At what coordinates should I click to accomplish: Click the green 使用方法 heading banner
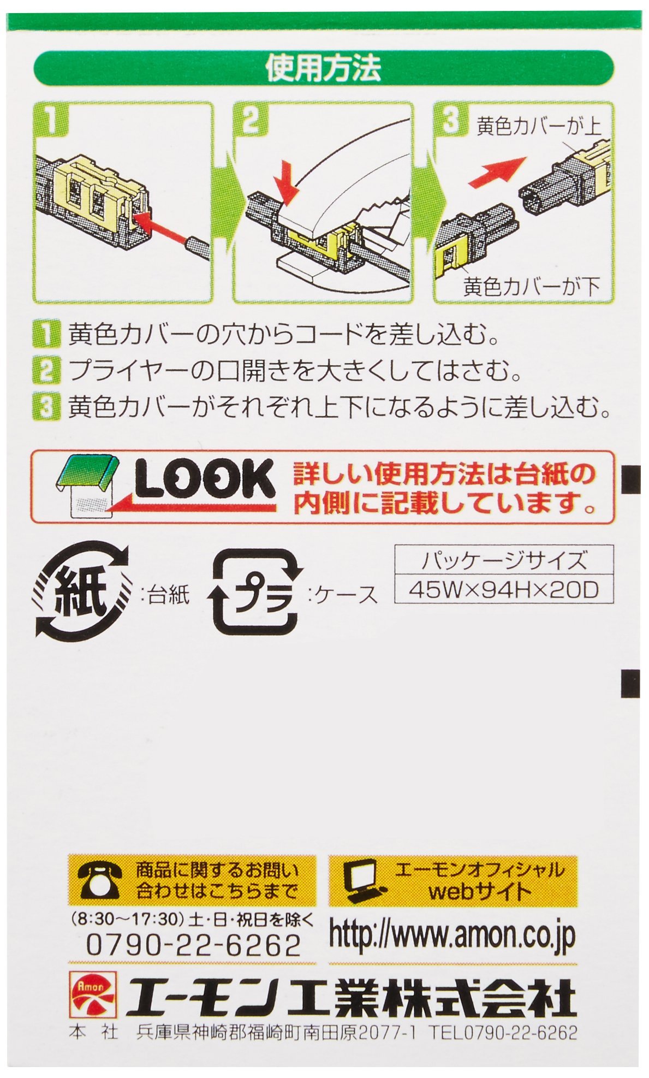324,67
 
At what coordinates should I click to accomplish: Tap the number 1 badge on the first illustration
51,122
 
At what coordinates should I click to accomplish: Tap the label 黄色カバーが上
538,127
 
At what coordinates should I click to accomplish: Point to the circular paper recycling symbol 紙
82,593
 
